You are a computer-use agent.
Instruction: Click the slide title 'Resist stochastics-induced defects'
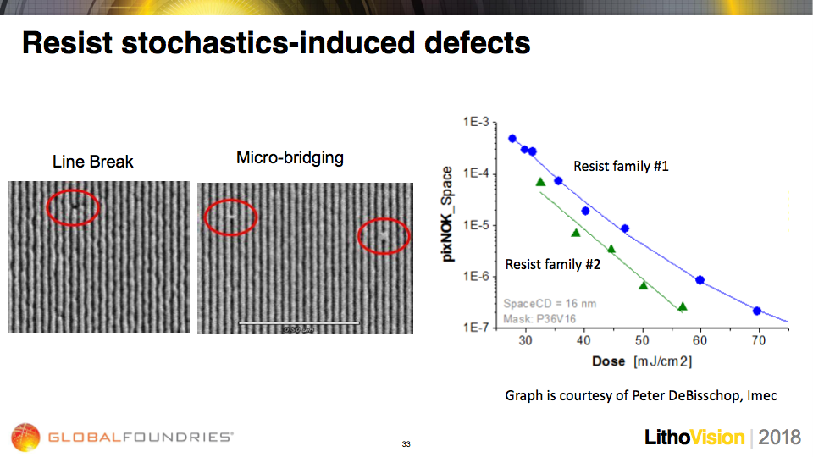tap(276, 42)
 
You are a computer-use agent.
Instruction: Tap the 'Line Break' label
tap(93, 162)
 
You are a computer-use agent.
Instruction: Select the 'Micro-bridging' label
tap(290, 158)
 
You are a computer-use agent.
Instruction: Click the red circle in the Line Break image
tap(74, 206)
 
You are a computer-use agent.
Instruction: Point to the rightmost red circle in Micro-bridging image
tap(384, 236)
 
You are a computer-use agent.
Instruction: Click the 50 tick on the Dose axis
tap(642, 340)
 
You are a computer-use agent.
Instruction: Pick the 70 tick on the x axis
tap(758, 340)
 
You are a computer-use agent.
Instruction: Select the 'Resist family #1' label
tap(621, 167)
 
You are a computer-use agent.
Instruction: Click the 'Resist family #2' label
tap(553, 265)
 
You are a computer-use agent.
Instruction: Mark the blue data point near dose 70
tap(757, 311)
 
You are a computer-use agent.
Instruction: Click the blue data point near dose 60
tap(700, 280)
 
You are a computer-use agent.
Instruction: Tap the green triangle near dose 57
tap(682, 306)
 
